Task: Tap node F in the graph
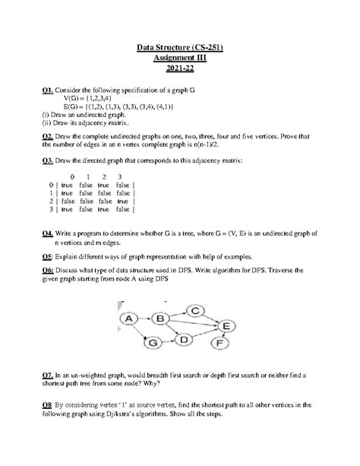tap(221, 344)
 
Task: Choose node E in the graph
tap(225, 325)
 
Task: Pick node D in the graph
tap(182, 341)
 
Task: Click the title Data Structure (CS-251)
tap(179, 49)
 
